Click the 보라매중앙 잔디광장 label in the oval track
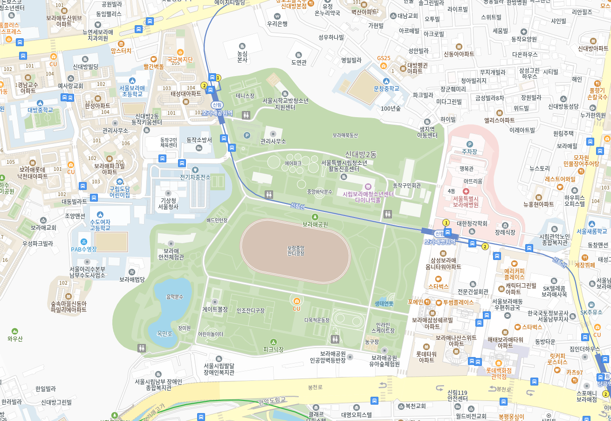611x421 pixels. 295,250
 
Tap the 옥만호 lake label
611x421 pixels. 165,334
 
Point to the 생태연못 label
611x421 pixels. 384,303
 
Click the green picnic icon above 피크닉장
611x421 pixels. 274,342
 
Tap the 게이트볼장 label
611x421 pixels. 215,309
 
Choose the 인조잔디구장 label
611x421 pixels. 250,310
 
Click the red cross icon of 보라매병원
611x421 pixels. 466,191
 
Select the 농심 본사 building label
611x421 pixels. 242,56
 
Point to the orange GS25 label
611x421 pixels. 384,58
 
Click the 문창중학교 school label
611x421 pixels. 386,88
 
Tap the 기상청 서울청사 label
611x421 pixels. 168,203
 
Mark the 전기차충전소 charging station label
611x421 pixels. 195,177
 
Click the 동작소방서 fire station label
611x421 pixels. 199,140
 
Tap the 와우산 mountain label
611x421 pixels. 15,339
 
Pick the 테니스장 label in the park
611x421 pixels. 245,96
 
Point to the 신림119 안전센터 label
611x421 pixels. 457,395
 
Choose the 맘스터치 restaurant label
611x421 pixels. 121,50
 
